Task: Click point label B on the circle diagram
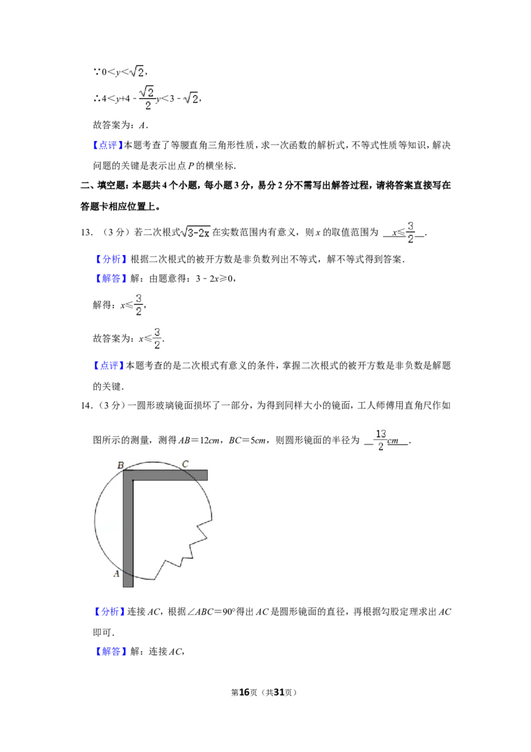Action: [x=121, y=465]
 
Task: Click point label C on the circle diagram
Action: [x=185, y=464]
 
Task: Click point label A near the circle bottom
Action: [x=116, y=573]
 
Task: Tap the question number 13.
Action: [x=86, y=233]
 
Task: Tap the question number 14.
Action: [x=86, y=406]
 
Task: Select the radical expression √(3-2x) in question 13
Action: [x=196, y=232]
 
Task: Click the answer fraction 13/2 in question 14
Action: [x=380, y=440]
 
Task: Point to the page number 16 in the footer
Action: [x=244, y=692]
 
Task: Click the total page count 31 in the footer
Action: [x=279, y=692]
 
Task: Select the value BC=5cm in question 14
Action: [x=248, y=440]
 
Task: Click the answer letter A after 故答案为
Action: [x=142, y=126]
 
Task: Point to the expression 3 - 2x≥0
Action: [x=214, y=278]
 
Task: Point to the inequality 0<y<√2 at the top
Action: [x=121, y=72]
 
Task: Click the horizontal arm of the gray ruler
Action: [x=165, y=475]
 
